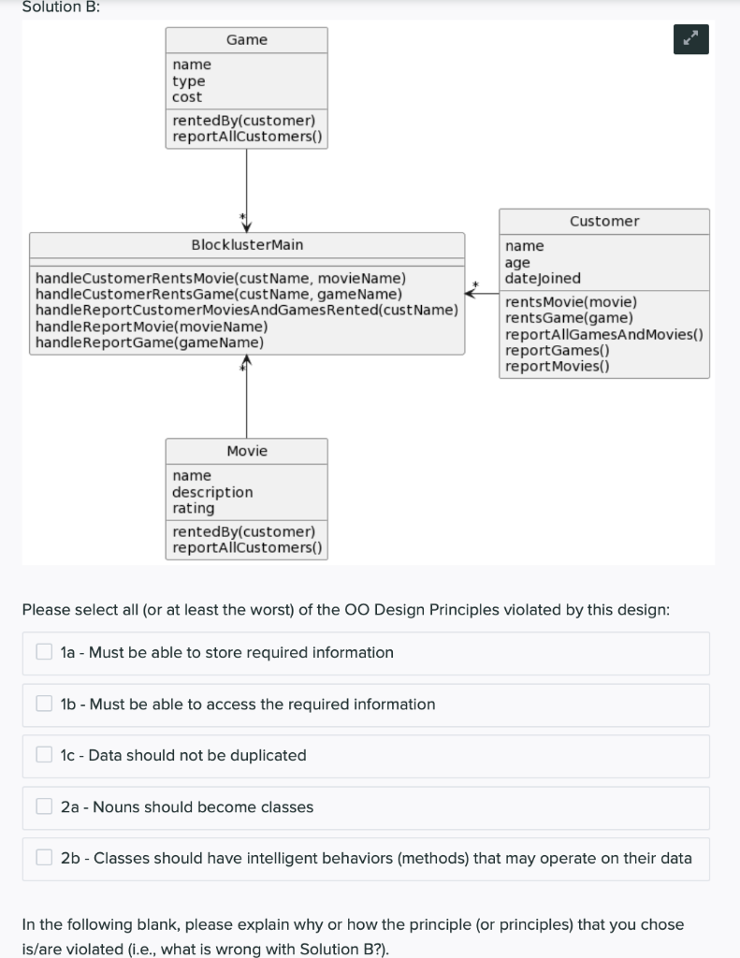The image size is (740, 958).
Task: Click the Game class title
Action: pos(246,39)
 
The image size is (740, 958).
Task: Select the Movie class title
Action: pos(246,451)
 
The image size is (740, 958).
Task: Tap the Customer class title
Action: pos(603,221)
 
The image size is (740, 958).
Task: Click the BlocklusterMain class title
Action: pos(247,245)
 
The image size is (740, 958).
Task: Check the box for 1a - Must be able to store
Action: pos(44,652)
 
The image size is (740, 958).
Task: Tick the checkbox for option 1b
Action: pos(44,704)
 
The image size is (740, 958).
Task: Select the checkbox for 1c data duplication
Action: pos(44,755)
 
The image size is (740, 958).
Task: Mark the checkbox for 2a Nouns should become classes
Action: pos(44,806)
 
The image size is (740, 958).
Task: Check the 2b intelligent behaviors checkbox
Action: pos(44,858)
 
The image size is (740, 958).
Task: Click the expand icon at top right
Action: pos(690,40)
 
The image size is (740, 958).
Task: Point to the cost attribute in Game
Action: pos(187,97)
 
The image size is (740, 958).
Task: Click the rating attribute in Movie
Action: pos(193,508)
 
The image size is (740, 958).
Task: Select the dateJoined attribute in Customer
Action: pos(543,278)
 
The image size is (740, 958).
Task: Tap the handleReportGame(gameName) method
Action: pos(149,342)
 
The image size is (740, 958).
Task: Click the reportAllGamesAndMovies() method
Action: pos(603,334)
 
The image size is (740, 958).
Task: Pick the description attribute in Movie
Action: pos(212,492)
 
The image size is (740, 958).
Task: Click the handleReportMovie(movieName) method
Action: pos(151,327)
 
